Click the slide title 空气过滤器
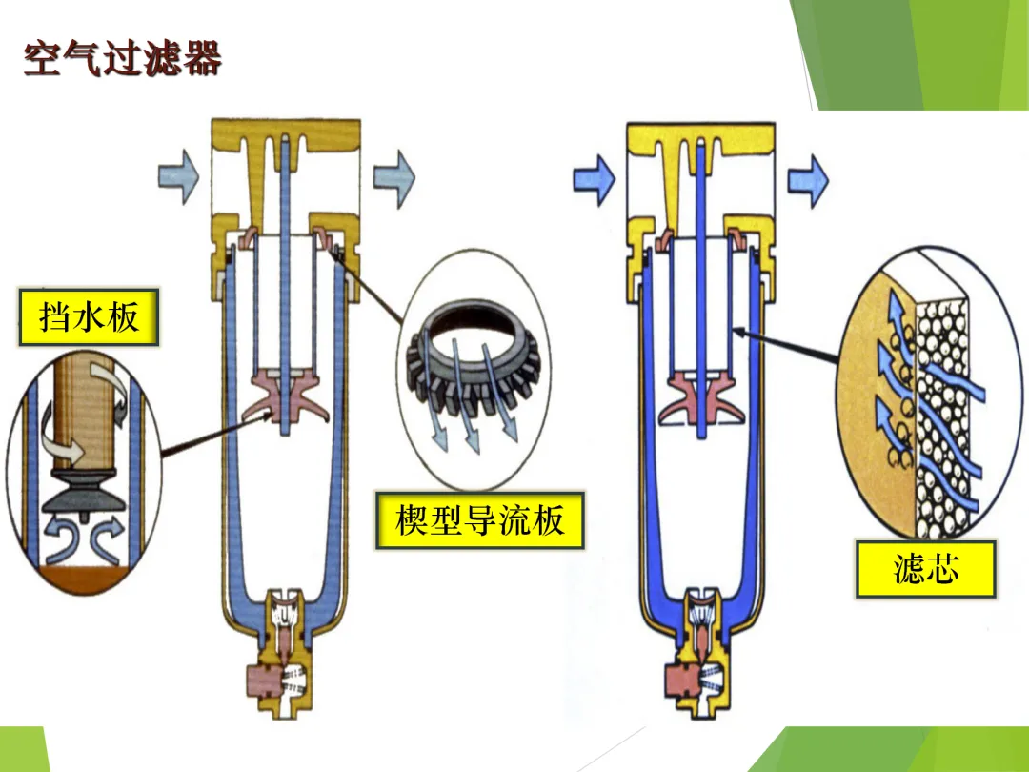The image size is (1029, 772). [x=122, y=58]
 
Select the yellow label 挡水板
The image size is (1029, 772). [x=89, y=317]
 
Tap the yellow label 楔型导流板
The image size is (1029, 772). [x=479, y=520]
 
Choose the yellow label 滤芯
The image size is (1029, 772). [x=925, y=569]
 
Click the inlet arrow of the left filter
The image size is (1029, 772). [x=178, y=177]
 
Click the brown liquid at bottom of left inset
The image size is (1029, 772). [x=81, y=579]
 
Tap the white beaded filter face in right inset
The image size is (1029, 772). [x=943, y=400]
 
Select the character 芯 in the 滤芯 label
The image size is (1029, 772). [x=944, y=569]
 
